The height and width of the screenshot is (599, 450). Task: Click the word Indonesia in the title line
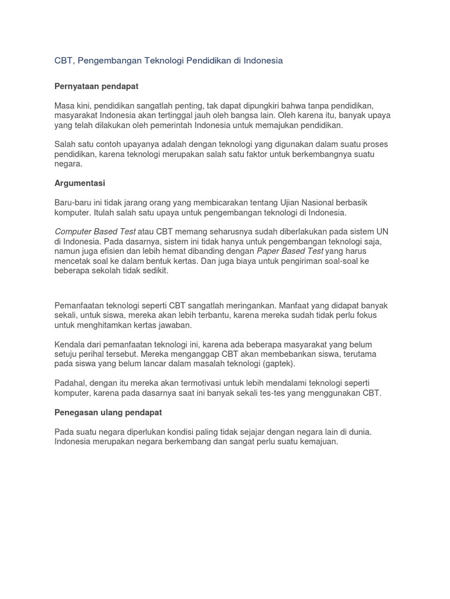pos(262,61)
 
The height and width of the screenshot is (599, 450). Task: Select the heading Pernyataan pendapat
pos(96,86)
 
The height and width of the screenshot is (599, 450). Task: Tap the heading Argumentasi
pos(80,183)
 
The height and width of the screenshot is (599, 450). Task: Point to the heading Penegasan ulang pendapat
pos(108,412)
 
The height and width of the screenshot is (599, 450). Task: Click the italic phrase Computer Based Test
pos(95,232)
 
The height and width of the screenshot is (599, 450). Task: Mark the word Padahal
pos(70,383)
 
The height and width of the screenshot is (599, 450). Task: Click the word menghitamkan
pos(105,325)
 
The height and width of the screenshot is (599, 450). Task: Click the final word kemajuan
pos(317,442)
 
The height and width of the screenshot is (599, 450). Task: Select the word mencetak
pos(74,261)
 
